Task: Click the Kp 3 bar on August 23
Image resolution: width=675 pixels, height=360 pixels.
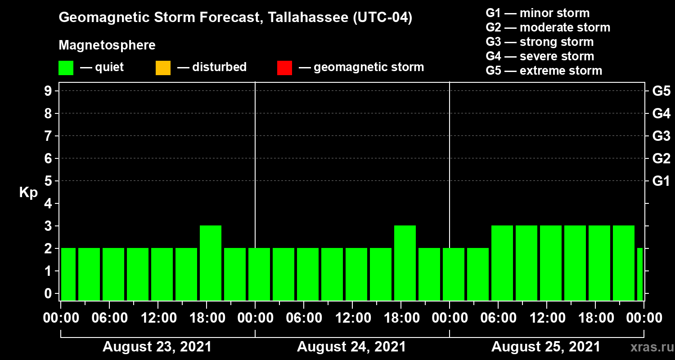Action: pyautogui.click(x=211, y=263)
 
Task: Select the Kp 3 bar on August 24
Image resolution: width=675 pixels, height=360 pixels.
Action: pyautogui.click(x=405, y=263)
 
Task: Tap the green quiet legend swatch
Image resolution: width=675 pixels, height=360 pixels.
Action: pyautogui.click(x=66, y=67)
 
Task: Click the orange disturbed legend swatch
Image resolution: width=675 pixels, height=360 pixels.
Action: pyautogui.click(x=163, y=67)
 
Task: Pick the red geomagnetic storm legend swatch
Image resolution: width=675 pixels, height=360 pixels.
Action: pyautogui.click(x=284, y=67)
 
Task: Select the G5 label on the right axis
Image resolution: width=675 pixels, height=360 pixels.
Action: pyautogui.click(x=661, y=91)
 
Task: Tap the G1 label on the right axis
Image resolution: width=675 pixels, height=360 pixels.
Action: pyautogui.click(x=661, y=181)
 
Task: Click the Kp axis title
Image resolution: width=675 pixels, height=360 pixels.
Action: pyautogui.click(x=28, y=193)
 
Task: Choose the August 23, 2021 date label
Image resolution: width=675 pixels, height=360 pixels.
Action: pyautogui.click(x=157, y=347)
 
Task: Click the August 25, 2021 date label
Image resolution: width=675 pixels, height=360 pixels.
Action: pyautogui.click(x=546, y=347)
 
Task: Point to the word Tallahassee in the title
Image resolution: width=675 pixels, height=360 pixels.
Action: pyautogui.click(x=303, y=18)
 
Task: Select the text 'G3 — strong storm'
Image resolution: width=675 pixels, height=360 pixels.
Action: pyautogui.click(x=540, y=42)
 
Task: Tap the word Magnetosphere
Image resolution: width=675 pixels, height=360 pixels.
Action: pyautogui.click(x=107, y=45)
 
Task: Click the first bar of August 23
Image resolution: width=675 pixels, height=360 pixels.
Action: pyautogui.click(x=68, y=274)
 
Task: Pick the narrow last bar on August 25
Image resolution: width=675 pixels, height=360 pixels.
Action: pyautogui.click(x=640, y=274)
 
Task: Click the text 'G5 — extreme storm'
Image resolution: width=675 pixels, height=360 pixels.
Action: pyautogui.click(x=544, y=71)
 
